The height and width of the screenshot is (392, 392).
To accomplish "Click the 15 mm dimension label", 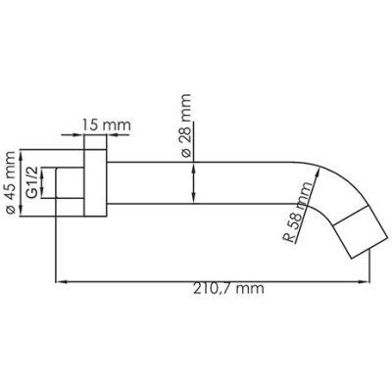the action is click(x=106, y=125).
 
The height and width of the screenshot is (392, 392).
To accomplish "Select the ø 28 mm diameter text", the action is click(x=185, y=125).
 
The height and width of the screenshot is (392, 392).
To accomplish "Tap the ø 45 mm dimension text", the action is click(x=10, y=182).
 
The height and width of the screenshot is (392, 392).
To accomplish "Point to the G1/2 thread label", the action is click(x=32, y=182).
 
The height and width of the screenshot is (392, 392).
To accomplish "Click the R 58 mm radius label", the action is click(x=299, y=213).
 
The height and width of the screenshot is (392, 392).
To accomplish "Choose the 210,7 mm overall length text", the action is click(x=228, y=289).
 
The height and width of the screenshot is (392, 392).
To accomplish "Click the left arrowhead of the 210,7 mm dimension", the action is click(x=61, y=281).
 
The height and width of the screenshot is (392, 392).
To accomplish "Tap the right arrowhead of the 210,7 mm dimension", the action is click(x=365, y=281).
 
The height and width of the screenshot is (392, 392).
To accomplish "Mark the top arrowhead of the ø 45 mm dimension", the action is click(x=22, y=155).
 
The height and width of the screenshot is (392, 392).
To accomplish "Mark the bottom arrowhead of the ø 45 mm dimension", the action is click(x=22, y=211).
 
